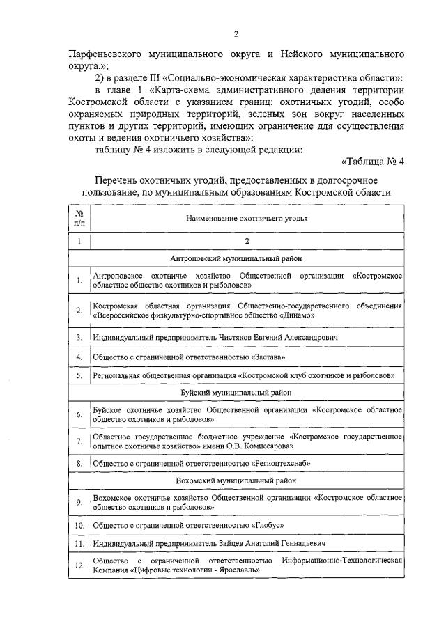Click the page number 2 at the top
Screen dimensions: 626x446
236,33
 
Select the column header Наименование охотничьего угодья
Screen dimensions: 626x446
247,218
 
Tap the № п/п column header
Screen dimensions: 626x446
79,218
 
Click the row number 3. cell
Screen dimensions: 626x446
79,337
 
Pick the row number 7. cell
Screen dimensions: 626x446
79,441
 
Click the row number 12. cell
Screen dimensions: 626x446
79,565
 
